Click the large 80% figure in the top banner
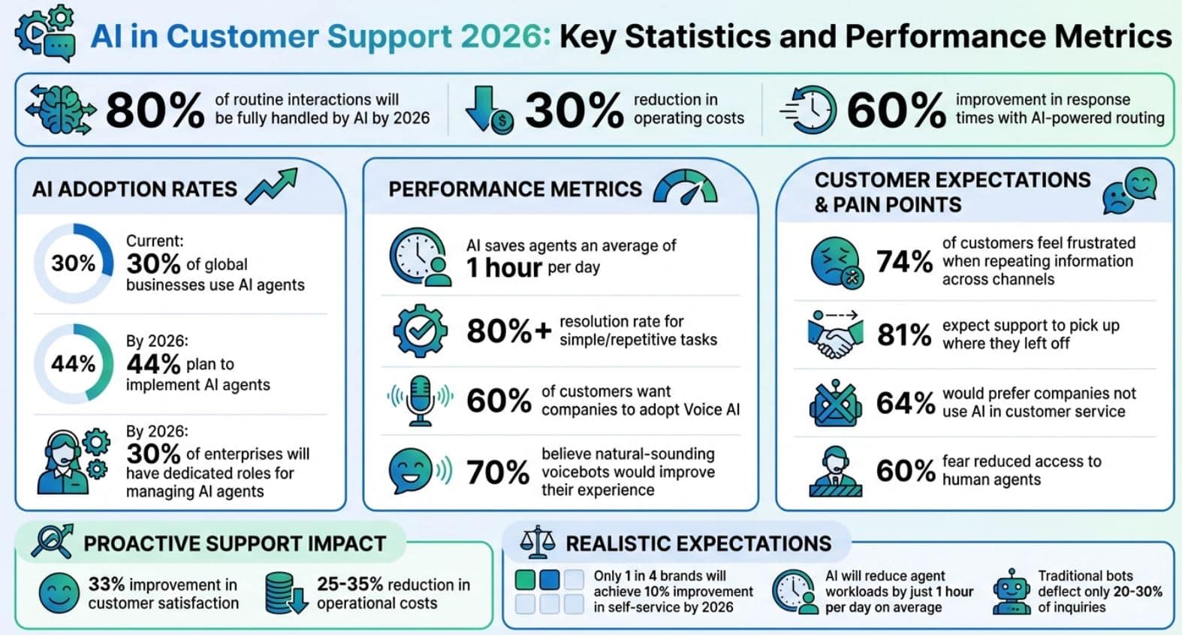coord(155,110)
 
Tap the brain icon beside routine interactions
coord(61,110)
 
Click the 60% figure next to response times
coord(896,110)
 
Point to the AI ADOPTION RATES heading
coord(134,189)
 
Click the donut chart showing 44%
coord(73,363)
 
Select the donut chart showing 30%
coord(73,263)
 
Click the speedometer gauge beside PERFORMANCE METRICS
coord(685,188)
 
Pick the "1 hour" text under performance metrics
coord(504,268)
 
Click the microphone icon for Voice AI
coord(421,400)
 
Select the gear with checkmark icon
coord(421,330)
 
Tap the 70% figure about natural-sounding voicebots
coord(498,472)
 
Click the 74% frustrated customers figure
coord(904,261)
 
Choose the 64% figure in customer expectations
coord(905,403)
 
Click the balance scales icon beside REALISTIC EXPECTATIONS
coord(538,542)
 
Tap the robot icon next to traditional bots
coord(1011,591)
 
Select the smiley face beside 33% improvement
coord(59,593)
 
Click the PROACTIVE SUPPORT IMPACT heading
coord(234,543)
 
